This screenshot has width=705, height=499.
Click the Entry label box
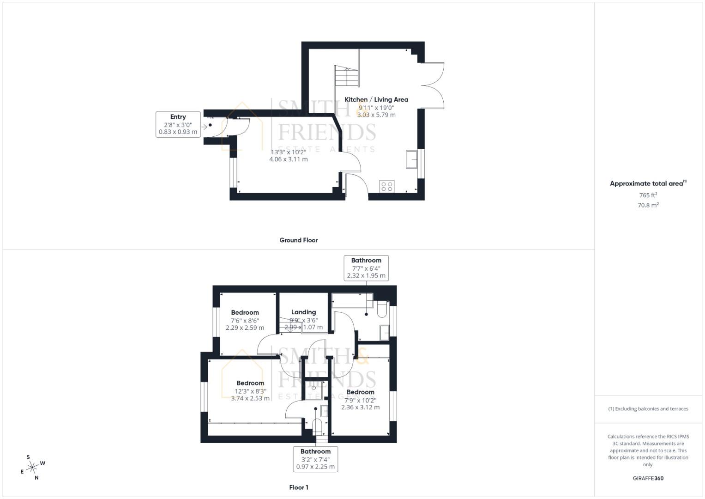click(x=178, y=124)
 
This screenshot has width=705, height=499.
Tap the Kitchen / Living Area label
click(x=376, y=99)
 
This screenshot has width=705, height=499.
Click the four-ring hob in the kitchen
click(x=387, y=186)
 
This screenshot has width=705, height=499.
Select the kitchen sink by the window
click(x=411, y=159)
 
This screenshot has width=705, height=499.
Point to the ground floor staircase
click(x=346, y=76)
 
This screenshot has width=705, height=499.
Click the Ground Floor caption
click(x=298, y=240)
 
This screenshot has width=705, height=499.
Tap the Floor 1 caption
click(x=298, y=487)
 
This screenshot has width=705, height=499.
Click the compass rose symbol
click(x=32, y=468)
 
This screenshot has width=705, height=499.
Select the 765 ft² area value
click(x=648, y=195)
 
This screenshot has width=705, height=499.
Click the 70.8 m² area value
click(x=648, y=205)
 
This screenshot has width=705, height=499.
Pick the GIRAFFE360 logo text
click(x=648, y=478)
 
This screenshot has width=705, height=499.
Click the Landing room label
click(x=303, y=312)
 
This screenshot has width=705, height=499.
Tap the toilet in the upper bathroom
click(x=382, y=309)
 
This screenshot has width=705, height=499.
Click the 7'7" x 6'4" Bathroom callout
click(x=366, y=268)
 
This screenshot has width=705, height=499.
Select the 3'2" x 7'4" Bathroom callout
click(x=316, y=459)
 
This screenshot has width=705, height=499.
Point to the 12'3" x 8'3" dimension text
click(x=250, y=391)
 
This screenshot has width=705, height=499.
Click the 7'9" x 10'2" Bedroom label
click(x=360, y=392)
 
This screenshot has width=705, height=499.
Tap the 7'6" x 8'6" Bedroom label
click(x=245, y=313)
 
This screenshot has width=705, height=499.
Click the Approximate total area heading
click(x=648, y=183)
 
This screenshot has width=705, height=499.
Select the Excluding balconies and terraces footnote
click(x=648, y=409)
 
